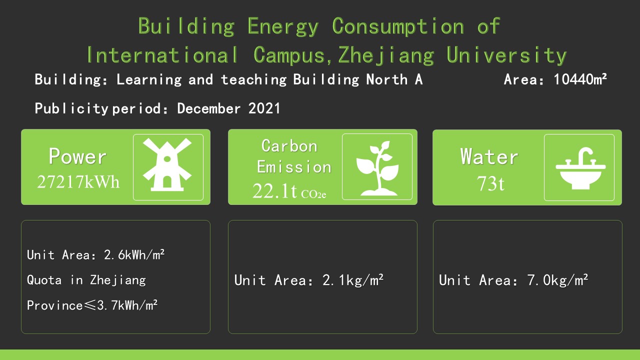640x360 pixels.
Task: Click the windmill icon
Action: [167, 164]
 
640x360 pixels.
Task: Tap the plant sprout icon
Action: [377, 168]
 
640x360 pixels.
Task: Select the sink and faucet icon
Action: [580, 168]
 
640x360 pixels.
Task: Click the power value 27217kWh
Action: [78, 181]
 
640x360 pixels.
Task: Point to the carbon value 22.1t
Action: [274, 191]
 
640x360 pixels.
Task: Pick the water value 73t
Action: [490, 183]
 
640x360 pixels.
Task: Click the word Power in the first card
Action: [77, 156]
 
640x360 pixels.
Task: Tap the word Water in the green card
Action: [489, 156]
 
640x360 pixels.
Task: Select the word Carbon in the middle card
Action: [289, 146]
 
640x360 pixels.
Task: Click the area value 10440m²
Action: [580, 79]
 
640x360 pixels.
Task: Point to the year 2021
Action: [264, 108]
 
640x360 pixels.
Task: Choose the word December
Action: [209, 108]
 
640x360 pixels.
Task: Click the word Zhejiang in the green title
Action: [386, 55]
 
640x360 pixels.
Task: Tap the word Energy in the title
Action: [283, 26]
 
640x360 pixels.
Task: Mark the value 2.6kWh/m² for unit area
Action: [134, 255]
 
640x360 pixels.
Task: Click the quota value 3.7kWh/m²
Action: [127, 305]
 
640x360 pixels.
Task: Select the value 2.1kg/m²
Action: [353, 280]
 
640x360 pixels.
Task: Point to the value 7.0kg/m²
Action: [557, 280]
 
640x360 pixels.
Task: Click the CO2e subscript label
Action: [313, 194]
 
